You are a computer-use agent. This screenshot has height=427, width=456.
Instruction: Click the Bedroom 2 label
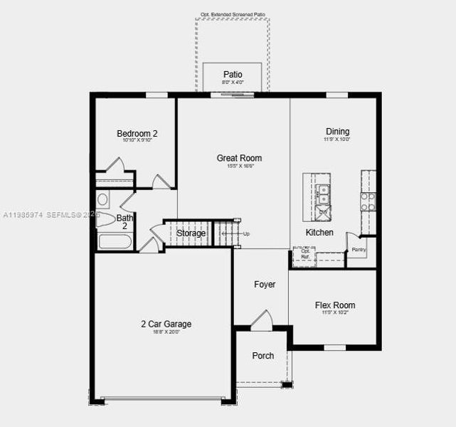point(137,133)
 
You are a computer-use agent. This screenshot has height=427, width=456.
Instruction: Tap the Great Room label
point(239,158)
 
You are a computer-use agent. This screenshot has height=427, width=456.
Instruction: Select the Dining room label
point(337,132)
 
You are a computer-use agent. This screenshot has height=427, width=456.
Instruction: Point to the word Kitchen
point(319,233)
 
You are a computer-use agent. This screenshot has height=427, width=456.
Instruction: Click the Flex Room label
point(334,306)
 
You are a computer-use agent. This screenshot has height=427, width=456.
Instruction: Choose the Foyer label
point(265,285)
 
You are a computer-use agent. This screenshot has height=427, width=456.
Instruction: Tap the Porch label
point(263,356)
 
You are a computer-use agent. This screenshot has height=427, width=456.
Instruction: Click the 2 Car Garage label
point(166,325)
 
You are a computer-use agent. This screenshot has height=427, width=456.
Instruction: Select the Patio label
point(233,74)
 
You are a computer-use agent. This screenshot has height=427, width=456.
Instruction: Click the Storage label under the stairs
point(191,233)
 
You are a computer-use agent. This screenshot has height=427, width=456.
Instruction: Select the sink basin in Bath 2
point(102,199)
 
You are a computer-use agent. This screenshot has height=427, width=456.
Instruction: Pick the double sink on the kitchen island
point(323,190)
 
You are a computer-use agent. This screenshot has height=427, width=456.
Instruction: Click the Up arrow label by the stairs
point(246,233)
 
